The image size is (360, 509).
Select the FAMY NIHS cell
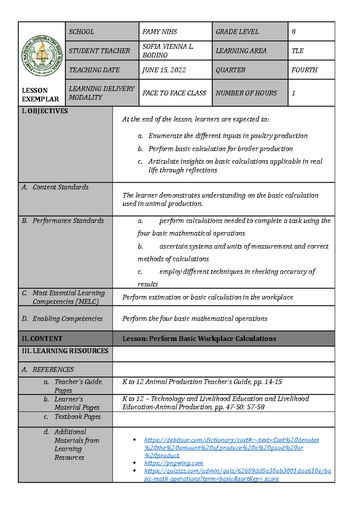click(x=160, y=32)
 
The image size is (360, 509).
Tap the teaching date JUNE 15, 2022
click(x=164, y=70)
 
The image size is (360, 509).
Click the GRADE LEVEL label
click(x=237, y=32)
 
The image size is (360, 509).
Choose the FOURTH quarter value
click(x=304, y=70)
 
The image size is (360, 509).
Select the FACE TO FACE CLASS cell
click(x=174, y=93)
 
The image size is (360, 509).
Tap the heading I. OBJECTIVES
click(x=45, y=111)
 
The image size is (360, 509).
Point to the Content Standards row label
click(x=60, y=187)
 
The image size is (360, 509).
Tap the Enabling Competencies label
click(x=67, y=319)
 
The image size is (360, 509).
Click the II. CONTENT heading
click(x=42, y=339)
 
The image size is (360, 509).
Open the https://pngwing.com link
click(x=173, y=463)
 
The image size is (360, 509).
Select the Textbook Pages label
click(x=77, y=417)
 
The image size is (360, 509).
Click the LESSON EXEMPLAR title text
click(x=40, y=95)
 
